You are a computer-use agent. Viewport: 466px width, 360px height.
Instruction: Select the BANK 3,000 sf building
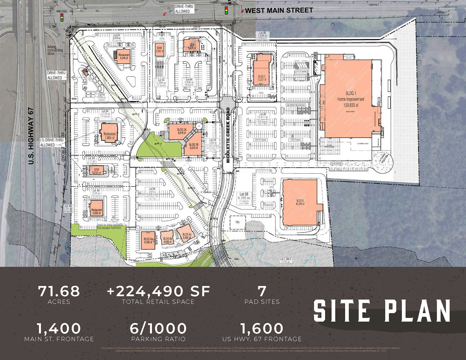coord(159,50)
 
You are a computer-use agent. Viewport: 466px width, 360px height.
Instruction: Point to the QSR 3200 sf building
coord(96,171)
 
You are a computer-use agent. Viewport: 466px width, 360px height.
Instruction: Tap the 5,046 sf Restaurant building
coord(123,56)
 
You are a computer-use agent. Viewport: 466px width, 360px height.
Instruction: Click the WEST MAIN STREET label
coord(279,11)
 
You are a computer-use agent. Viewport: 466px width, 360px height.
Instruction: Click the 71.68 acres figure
coord(59,291)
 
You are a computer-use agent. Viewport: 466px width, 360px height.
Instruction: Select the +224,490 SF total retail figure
coord(158,291)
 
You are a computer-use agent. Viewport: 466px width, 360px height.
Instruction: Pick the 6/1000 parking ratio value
coord(158,328)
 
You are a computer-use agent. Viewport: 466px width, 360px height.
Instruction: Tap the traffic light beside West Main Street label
coord(226,10)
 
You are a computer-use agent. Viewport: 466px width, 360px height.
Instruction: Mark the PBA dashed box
coord(238,222)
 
